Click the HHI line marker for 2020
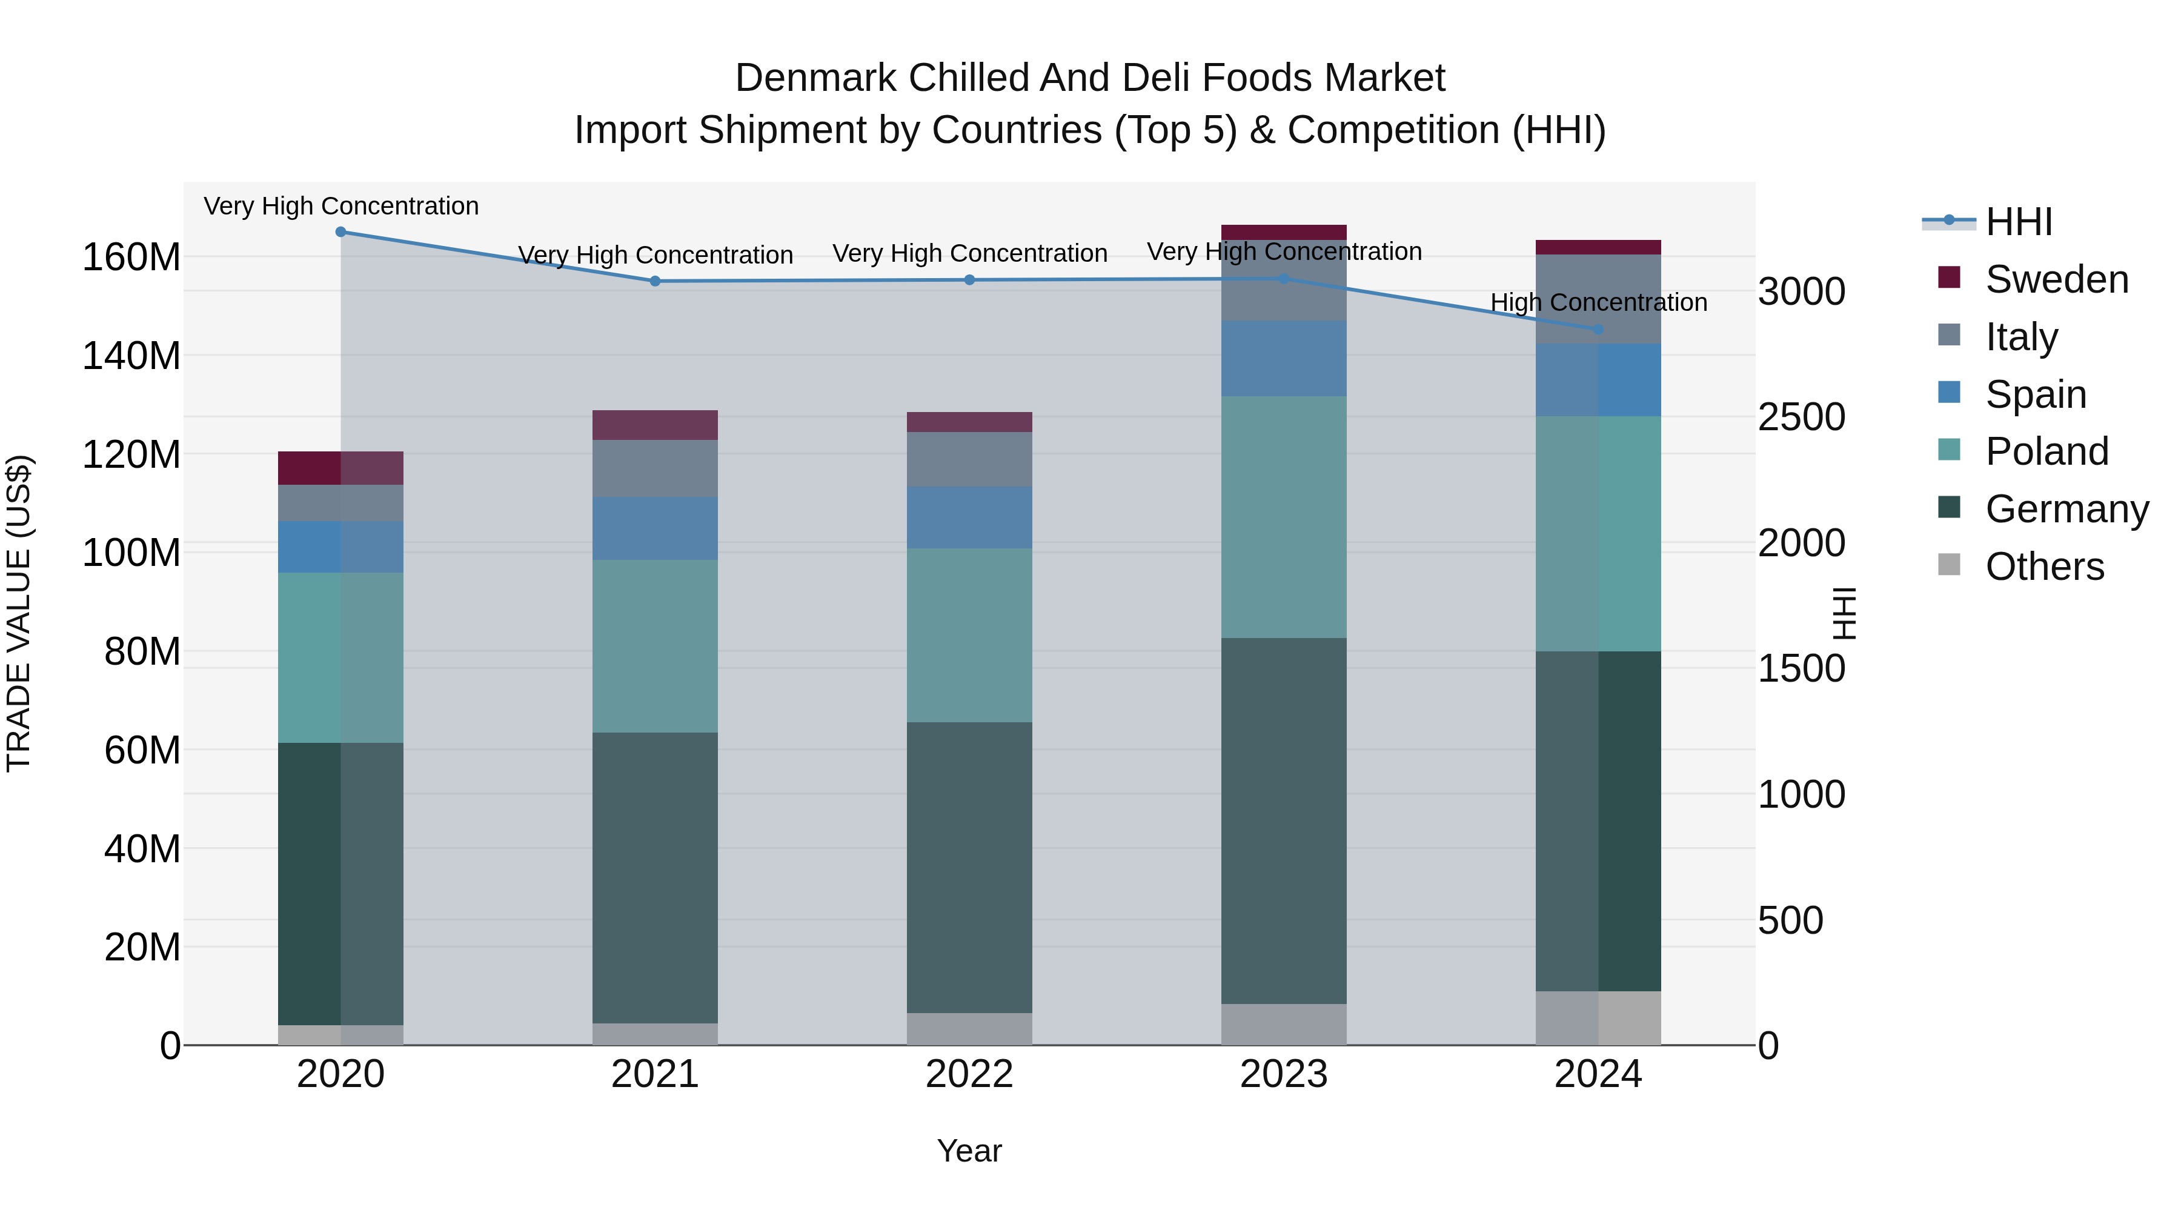340,232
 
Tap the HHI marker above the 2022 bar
969,281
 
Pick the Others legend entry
2044,567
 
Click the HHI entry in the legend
2019,222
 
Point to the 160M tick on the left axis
131,256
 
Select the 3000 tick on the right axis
1802,291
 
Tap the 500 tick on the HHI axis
1791,920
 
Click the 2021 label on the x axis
654,1074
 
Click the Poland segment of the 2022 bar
969,635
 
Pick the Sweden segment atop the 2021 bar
654,425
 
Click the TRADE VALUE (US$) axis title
19,613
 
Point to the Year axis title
969,1151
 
